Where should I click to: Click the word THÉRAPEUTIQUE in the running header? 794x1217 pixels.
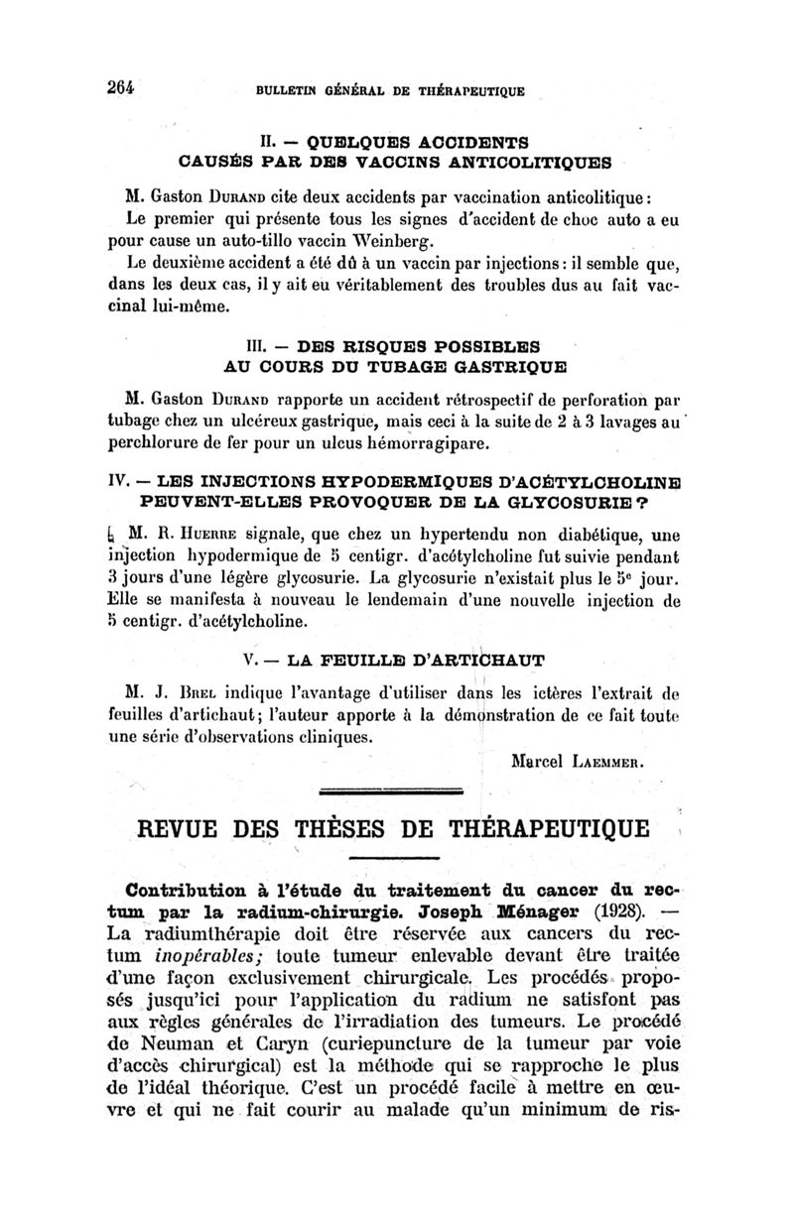pos(468,90)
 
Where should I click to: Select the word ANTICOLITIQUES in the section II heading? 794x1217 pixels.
pos(536,160)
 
